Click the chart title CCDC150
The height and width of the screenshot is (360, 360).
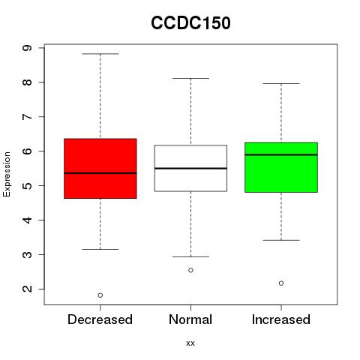tap(190, 23)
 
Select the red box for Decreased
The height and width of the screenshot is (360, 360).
tap(100, 169)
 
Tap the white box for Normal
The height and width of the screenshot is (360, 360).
tap(190, 168)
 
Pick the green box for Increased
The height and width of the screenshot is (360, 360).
tap(281, 167)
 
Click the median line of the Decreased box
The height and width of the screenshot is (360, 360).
tap(100, 173)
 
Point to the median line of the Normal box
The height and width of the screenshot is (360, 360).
tap(190, 168)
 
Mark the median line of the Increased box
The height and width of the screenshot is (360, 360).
tap(281, 154)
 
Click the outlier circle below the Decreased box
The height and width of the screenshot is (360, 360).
tap(100, 295)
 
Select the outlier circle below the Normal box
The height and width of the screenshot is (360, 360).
tap(190, 270)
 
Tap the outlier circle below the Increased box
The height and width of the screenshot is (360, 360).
tap(281, 283)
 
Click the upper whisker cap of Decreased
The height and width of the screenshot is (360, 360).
tap(100, 54)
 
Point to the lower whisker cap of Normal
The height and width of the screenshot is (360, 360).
tap(190, 256)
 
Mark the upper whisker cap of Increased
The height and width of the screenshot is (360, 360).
tap(281, 83)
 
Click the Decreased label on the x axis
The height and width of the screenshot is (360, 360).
tap(100, 319)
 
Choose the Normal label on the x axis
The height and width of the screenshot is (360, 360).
tap(190, 319)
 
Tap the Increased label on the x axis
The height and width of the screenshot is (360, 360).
tap(281, 319)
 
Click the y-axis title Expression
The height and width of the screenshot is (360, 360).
tap(7, 174)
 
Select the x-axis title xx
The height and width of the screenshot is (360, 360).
tap(190, 343)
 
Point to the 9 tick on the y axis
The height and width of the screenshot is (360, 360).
tap(27, 48)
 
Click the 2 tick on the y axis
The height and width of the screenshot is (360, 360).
tap(27, 289)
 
